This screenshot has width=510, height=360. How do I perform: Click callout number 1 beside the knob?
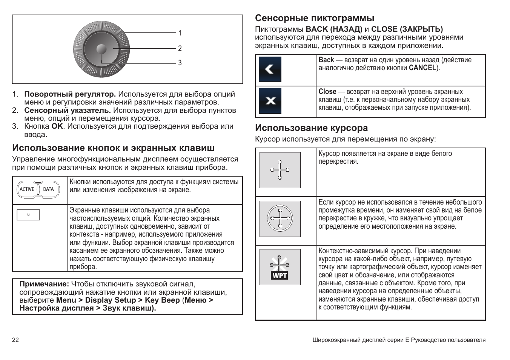180,33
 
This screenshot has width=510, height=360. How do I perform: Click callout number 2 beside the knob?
180,48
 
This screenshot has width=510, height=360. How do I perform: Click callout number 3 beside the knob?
180,63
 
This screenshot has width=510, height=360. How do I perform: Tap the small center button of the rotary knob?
101,49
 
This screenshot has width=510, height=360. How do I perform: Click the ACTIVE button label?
27,189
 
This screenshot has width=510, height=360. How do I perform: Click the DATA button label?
49,189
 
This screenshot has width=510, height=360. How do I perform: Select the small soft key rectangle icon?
28,215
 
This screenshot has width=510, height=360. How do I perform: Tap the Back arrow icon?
270,69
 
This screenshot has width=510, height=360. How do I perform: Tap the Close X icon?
270,101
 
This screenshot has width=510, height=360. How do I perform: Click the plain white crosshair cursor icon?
280,170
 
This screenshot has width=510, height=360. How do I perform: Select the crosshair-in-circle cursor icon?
280,218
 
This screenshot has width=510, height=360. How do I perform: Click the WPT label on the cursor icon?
280,276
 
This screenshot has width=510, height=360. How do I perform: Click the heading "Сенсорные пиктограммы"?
315,18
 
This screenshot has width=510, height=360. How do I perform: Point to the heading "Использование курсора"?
311,128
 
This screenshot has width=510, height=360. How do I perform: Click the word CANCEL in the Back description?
422,68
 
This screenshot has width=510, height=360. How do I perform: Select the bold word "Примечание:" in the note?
44,284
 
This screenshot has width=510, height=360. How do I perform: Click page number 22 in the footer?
15,340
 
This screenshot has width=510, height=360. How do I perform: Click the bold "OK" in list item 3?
57,126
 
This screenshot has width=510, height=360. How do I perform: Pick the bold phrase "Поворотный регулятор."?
70,94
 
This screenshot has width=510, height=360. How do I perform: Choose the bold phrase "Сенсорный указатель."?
68,111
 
